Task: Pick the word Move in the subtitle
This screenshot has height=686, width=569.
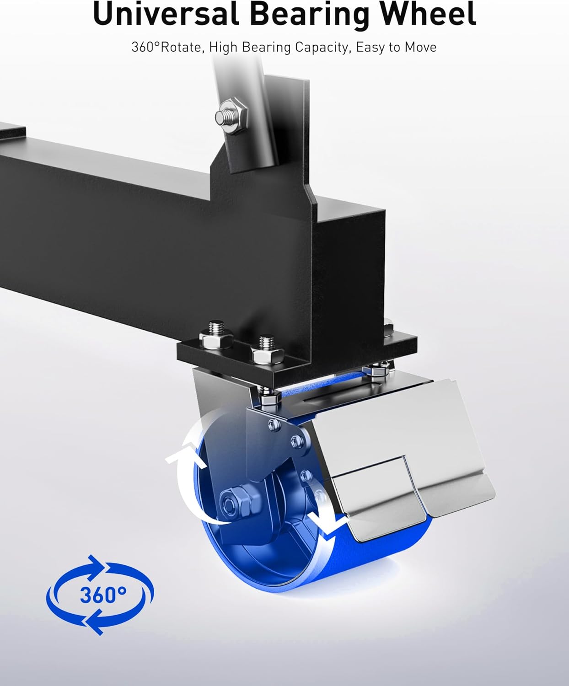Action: (x=420, y=47)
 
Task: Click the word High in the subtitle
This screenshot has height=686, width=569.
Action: (x=224, y=47)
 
